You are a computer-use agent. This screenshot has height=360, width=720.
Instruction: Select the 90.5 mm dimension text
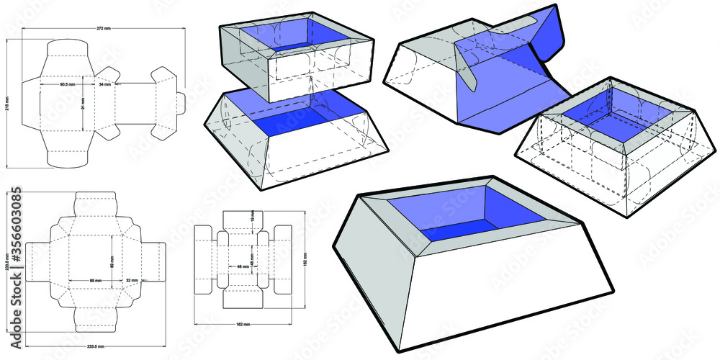click(68, 85)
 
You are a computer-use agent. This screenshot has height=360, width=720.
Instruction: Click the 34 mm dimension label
click(105, 85)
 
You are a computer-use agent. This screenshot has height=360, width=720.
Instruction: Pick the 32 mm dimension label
click(131, 279)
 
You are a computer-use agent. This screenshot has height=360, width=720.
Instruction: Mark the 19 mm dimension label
click(252, 215)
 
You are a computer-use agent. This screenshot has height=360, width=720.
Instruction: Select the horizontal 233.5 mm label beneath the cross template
click(95, 346)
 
